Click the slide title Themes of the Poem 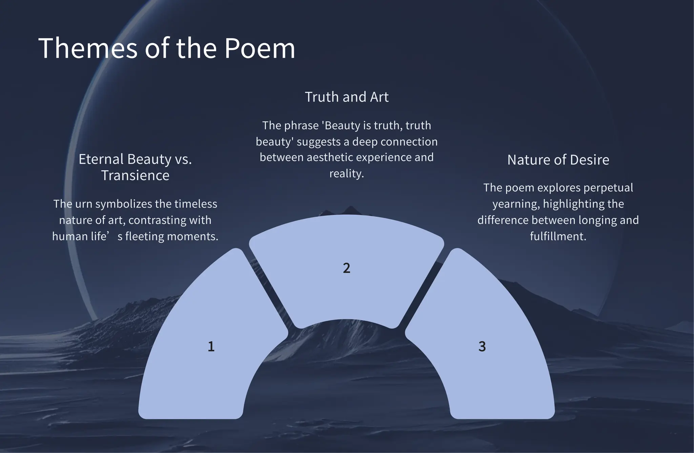click(x=167, y=48)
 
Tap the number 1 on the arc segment click(x=211, y=346)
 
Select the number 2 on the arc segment click(x=346, y=268)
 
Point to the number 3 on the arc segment click(x=482, y=346)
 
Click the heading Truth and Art click(x=346, y=97)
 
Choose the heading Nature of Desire click(x=558, y=160)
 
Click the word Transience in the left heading click(x=135, y=175)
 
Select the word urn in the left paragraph click(x=84, y=204)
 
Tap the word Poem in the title click(x=260, y=48)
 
